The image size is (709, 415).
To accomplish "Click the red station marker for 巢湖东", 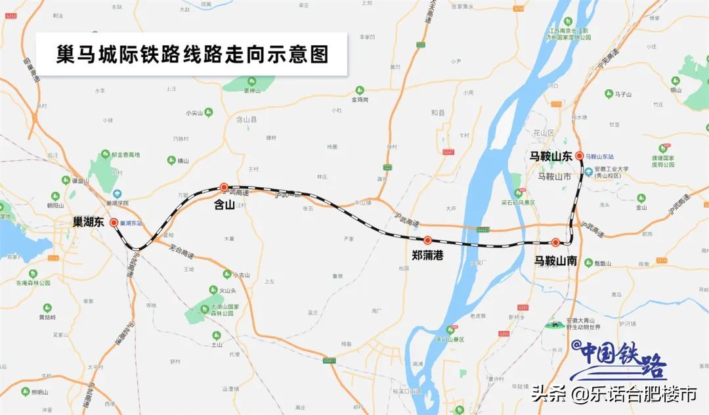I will pyautogui.click(x=114, y=223).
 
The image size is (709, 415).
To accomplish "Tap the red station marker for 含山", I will pyautogui.click(x=224, y=187).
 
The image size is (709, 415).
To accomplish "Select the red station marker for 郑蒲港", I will pyautogui.click(x=427, y=240).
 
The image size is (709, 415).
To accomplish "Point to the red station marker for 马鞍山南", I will pyautogui.click(x=555, y=242).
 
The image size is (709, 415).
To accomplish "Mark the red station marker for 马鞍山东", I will pyautogui.click(x=579, y=156).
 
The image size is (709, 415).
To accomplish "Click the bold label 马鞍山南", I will pyautogui.click(x=555, y=261).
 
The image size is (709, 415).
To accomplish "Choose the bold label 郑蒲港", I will pyautogui.click(x=427, y=255).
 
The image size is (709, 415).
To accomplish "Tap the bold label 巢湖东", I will pyautogui.click(x=89, y=223).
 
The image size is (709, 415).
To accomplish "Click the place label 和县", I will pyautogui.click(x=438, y=113).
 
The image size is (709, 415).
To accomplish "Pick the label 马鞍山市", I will pyautogui.click(x=554, y=176).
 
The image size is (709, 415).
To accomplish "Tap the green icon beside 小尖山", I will pyautogui.click(x=209, y=112).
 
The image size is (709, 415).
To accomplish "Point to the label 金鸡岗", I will pyautogui.click(x=360, y=100).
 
